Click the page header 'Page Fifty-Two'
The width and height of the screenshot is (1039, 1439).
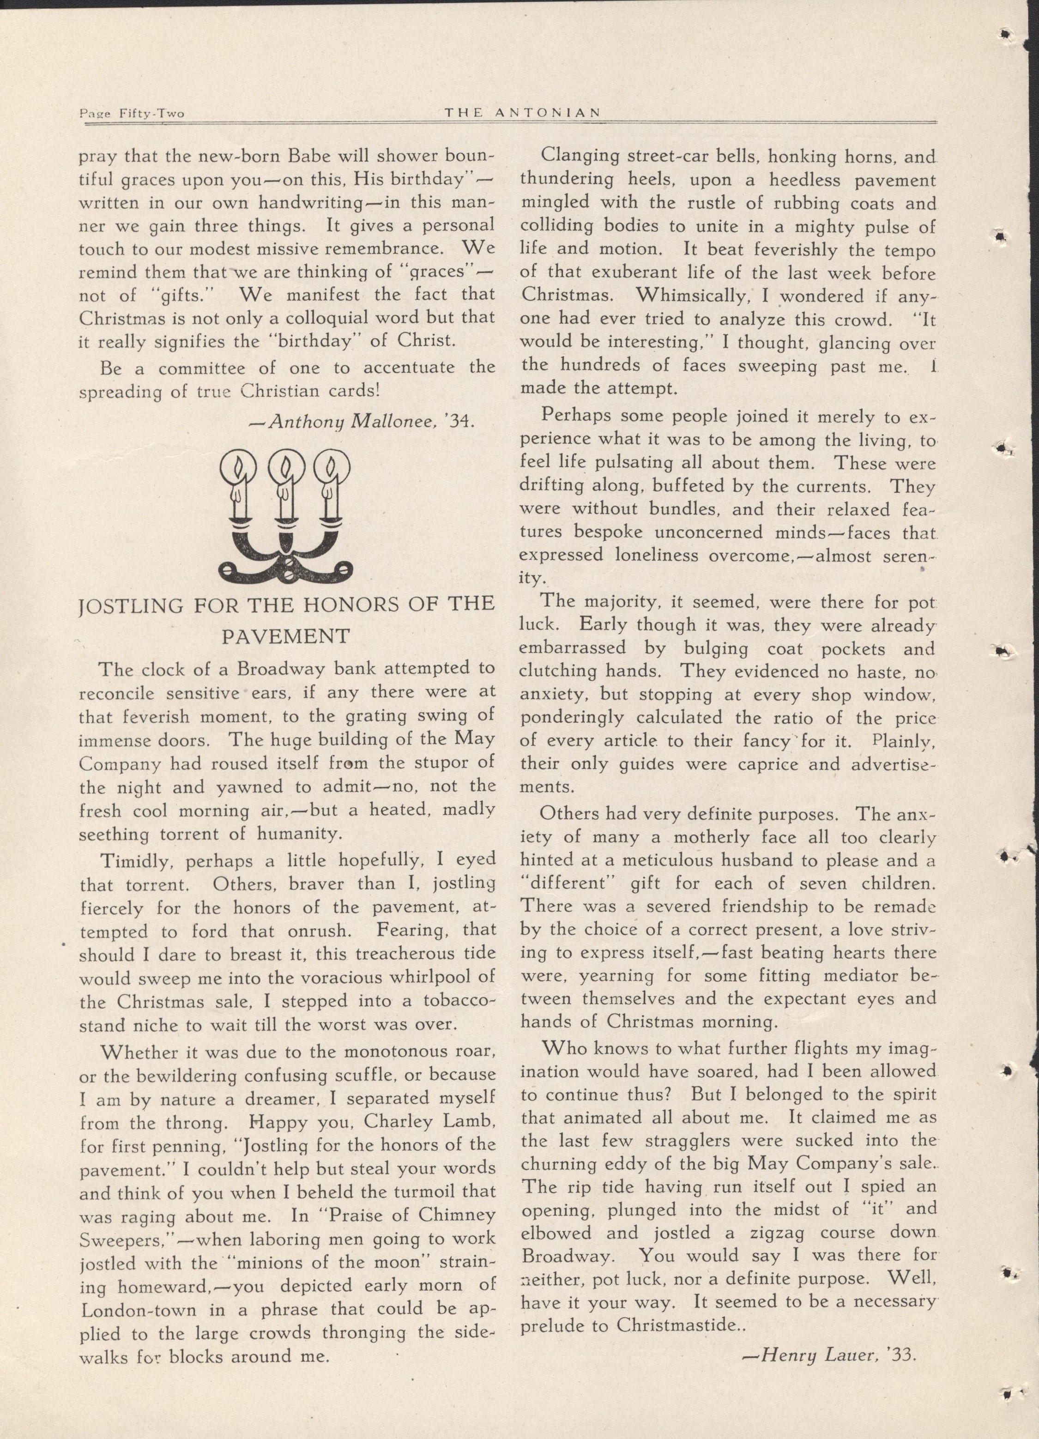(x=131, y=114)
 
